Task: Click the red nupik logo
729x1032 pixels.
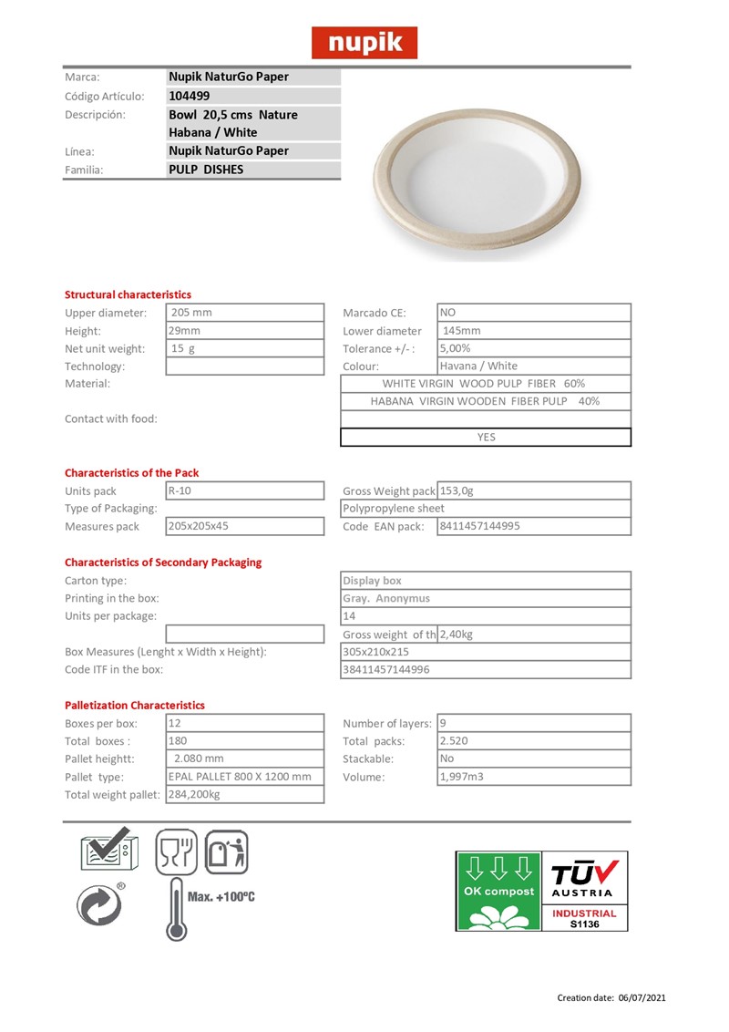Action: (364, 42)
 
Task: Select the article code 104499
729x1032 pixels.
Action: (190, 96)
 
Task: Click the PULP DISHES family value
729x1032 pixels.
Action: (206, 170)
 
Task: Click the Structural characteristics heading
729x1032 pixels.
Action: (128, 294)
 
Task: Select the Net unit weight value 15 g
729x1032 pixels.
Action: (184, 348)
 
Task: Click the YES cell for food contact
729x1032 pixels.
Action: (486, 437)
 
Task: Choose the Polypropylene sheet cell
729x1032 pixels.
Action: (394, 508)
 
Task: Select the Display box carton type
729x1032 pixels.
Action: (372, 581)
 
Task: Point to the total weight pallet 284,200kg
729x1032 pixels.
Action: (195, 794)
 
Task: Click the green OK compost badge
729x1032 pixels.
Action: (498, 891)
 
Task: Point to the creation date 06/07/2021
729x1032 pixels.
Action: (643, 997)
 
